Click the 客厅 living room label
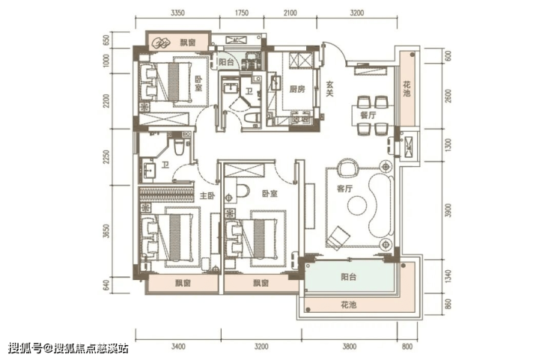coord(345,189)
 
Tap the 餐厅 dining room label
coord(368,115)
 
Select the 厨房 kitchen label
coord(296,89)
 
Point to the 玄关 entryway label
coord(329,88)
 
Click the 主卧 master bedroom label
coord(207,196)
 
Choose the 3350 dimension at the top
coord(177,13)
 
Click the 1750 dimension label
coord(242,13)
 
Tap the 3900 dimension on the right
coord(448,211)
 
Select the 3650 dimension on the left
coord(106,231)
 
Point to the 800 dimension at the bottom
coord(407,347)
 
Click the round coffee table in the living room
coord(357,205)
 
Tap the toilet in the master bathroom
coord(179,146)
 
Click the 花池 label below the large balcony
coord(348,305)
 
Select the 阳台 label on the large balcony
coord(348,277)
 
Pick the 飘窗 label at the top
coord(188,43)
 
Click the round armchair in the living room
coord(347,168)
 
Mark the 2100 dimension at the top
coord(290,13)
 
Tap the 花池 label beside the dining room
coord(407,89)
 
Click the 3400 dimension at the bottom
coord(178,347)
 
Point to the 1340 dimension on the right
coord(448,277)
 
